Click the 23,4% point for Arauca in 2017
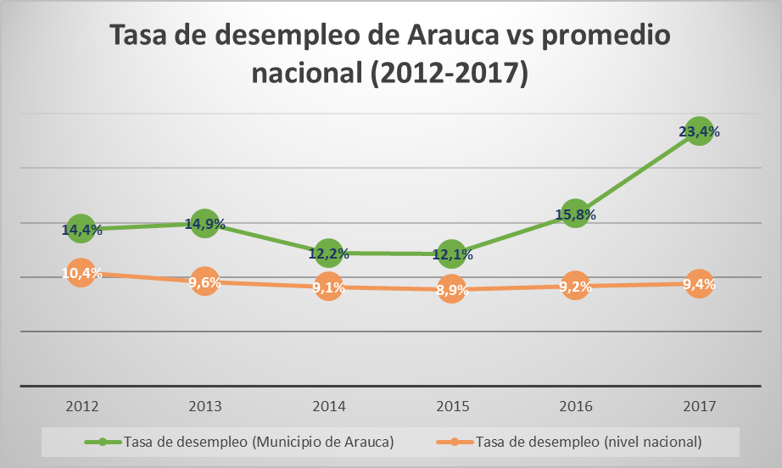coord(698,132)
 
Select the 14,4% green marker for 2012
coord(81,229)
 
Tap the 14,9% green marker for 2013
coord(204,224)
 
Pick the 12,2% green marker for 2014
coord(327,253)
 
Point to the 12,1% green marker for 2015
coord(451,253)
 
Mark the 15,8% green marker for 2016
coord(575,214)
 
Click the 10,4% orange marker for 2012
coord(81,273)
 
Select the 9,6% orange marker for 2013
coord(204,281)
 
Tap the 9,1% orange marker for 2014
coord(327,287)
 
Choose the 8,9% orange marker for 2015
coord(451,289)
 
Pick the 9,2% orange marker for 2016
coord(575,286)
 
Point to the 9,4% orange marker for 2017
coord(698,283)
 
